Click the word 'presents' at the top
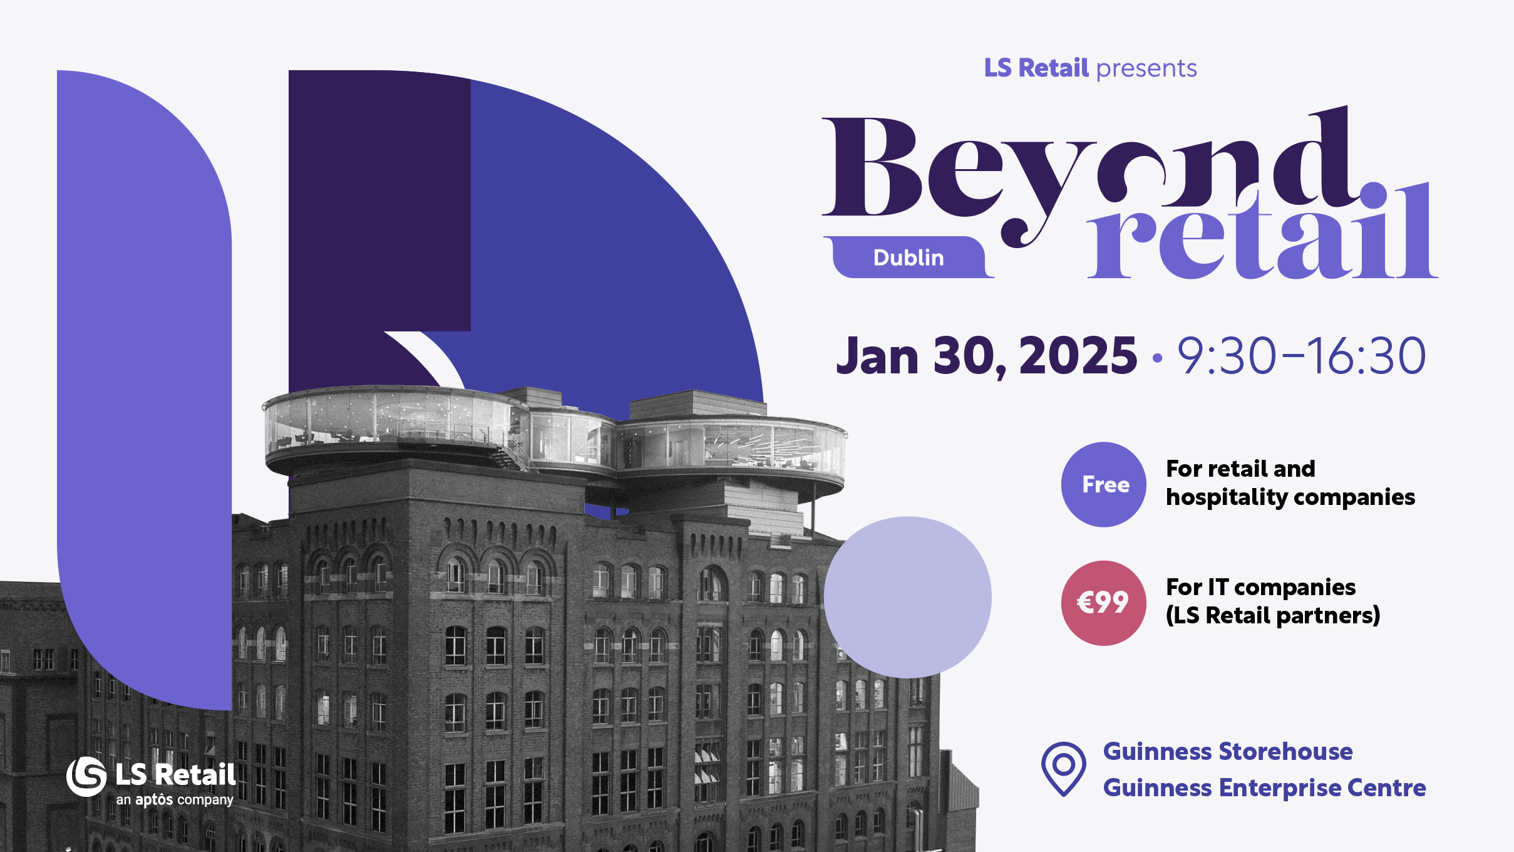coord(1146,68)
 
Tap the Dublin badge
coord(908,257)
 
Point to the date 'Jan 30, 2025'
coord(986,356)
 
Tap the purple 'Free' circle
coord(1104,484)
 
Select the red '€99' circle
coord(1103,603)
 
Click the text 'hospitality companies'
coord(1290,497)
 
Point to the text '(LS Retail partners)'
coord(1272,616)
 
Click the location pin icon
coord(1063,767)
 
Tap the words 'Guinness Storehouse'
coord(1227,751)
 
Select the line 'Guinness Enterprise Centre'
coord(1264,787)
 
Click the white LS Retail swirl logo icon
coord(86,776)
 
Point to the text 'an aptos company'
coord(175,800)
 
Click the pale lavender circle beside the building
coord(907,597)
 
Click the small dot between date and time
coord(1157,358)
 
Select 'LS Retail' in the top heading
coord(1036,68)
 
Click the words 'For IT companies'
coord(1260,587)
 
